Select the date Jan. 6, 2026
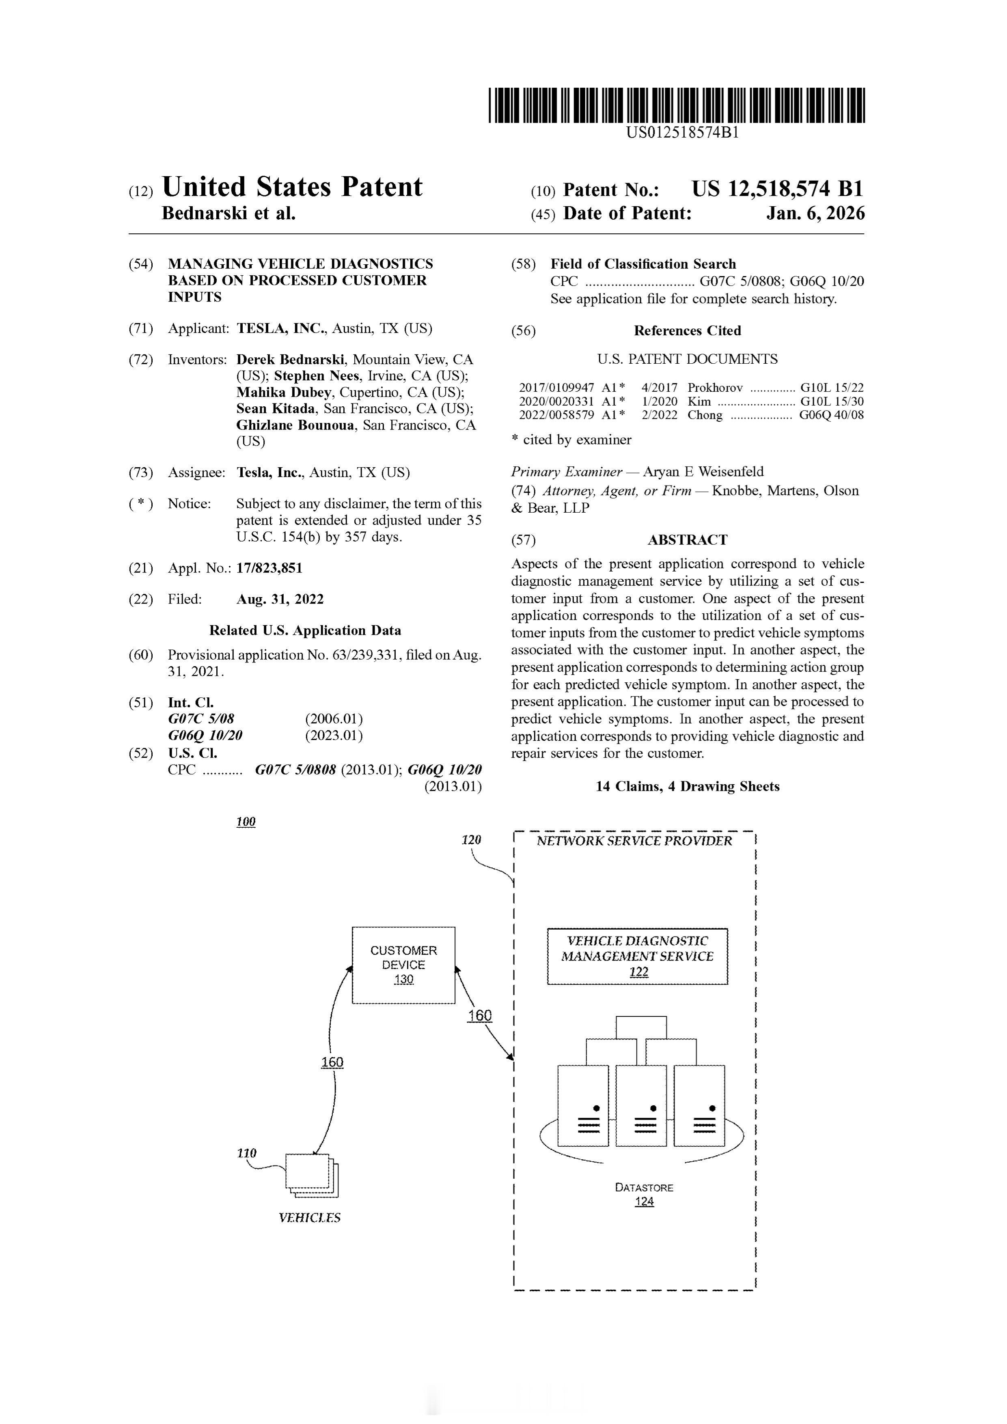[815, 214]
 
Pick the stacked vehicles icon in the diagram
[312, 1175]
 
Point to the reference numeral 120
[471, 840]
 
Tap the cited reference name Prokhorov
[715, 388]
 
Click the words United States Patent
[291, 187]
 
